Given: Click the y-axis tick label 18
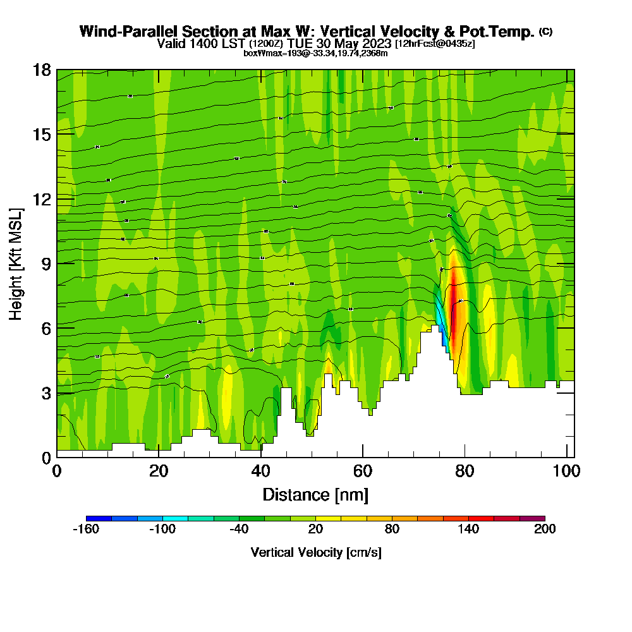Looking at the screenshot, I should (x=42, y=70).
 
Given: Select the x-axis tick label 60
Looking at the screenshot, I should (x=363, y=471).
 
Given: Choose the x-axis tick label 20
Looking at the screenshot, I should (x=159, y=471).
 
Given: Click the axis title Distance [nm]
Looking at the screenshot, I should (x=315, y=494).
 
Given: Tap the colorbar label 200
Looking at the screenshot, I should (x=545, y=530).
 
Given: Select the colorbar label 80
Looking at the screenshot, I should (x=392, y=530).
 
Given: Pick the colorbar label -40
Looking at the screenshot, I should (x=239, y=530).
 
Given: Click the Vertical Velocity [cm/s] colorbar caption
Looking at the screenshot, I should (x=315, y=553).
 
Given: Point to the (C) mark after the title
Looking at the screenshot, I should (x=545, y=31).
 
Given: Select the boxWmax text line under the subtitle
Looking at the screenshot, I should (x=315, y=53).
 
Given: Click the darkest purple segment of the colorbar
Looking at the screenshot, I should (x=532, y=518).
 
